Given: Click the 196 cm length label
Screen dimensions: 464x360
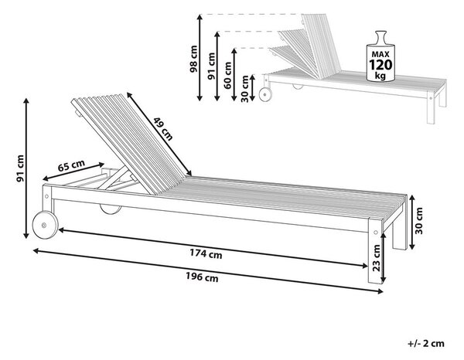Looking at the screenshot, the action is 202,277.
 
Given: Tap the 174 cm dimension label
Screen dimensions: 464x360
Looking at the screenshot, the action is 206,253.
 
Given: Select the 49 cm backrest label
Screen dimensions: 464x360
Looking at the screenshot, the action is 162,128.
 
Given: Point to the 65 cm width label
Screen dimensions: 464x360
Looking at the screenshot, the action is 71,165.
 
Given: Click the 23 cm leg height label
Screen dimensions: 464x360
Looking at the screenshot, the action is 376,258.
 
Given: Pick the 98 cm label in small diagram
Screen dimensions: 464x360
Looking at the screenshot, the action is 193,59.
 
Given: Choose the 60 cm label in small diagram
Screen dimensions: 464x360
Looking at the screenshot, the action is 227,75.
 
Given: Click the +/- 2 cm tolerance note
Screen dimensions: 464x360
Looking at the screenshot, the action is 426,344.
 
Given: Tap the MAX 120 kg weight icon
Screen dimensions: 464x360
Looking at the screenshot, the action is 380,56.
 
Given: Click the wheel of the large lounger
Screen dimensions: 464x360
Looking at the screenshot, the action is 45,224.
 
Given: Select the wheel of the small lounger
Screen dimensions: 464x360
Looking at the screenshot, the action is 265,94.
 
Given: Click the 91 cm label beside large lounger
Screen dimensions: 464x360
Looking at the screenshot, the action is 20,168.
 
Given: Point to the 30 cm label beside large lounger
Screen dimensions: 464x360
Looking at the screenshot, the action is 419,221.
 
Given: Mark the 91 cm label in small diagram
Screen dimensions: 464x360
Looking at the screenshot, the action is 211,66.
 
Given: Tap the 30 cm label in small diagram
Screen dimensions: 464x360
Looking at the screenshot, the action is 245,89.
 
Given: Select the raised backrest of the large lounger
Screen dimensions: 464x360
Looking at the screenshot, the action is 130,142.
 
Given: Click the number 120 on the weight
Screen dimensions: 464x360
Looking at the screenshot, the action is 380,64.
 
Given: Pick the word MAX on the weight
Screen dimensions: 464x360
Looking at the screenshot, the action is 380,54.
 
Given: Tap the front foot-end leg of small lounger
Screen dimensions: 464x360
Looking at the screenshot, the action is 431,107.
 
